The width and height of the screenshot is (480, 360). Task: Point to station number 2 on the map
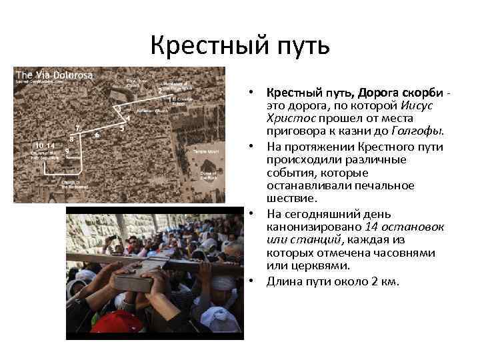[x=160, y=89]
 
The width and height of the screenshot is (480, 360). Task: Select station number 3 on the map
[x=119, y=107]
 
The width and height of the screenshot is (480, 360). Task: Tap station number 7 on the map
[x=78, y=127]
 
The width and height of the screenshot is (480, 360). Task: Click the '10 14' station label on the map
[x=45, y=145]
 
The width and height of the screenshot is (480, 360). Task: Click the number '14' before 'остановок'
[x=370, y=227]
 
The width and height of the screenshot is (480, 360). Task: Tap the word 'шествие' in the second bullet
[x=290, y=198]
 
